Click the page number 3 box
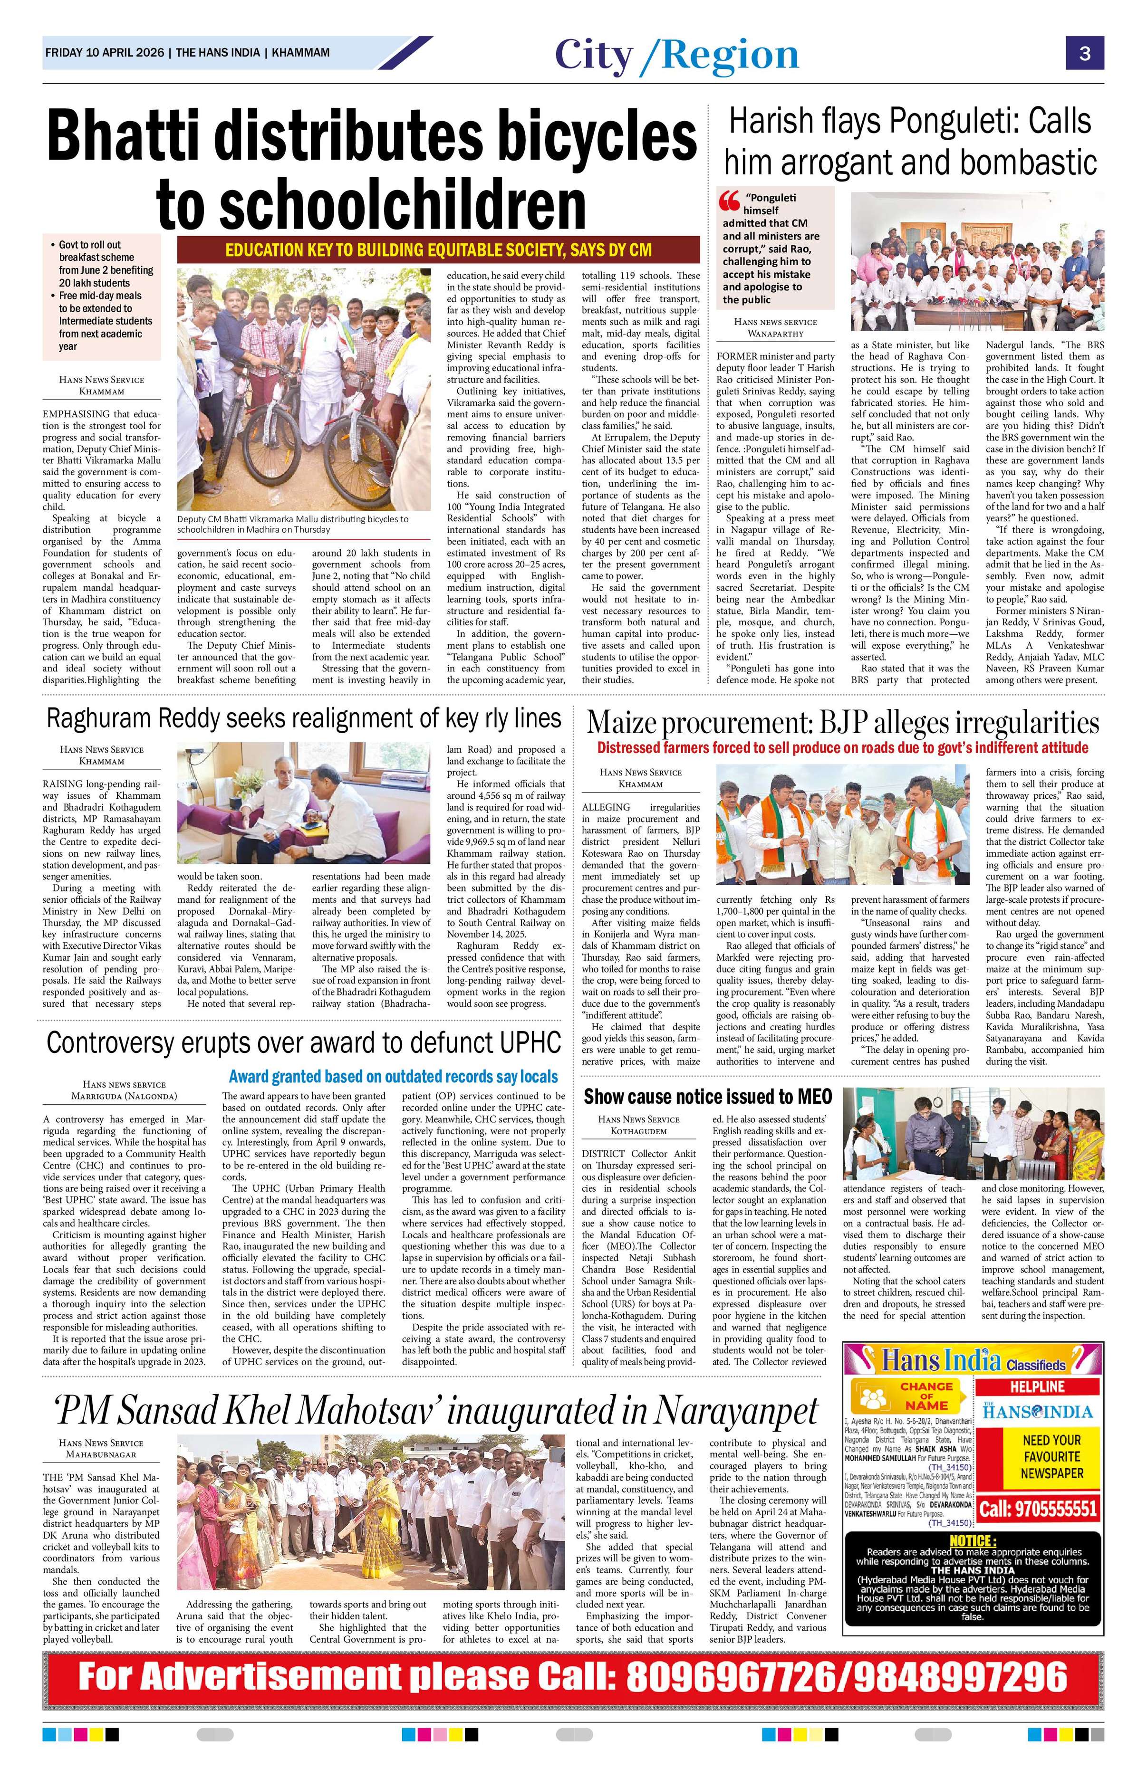(x=1085, y=54)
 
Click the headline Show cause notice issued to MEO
(x=707, y=1097)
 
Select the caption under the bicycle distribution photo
(x=292, y=524)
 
